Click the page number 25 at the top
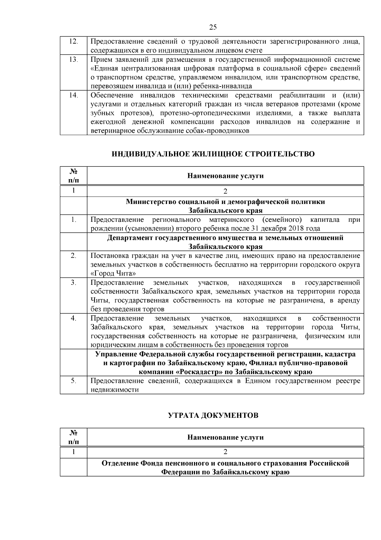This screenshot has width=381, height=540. click(x=213, y=27)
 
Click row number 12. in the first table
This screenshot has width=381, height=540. click(x=73, y=42)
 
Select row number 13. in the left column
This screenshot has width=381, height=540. click(x=73, y=60)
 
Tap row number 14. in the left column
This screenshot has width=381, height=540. click(x=73, y=95)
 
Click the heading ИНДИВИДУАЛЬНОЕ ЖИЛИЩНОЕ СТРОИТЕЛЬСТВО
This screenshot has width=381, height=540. click(x=213, y=154)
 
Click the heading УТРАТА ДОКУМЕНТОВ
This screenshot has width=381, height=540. click(x=213, y=416)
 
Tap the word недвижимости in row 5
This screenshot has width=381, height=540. click(x=115, y=390)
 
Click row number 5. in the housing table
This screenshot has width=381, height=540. click(x=73, y=381)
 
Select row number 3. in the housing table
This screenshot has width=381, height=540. click(x=73, y=283)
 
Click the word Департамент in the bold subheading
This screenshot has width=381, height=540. click(x=129, y=238)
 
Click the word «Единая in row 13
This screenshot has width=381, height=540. click(x=104, y=68)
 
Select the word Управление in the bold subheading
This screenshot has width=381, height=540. click(x=115, y=354)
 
